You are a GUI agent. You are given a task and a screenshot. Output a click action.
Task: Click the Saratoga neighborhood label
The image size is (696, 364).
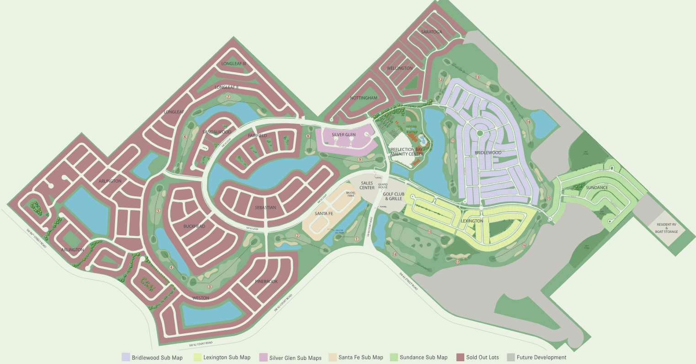pos(431,32)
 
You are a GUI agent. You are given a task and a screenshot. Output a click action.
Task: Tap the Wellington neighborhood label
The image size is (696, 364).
pos(400,69)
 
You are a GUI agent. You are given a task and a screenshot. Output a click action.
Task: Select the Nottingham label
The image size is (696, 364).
pos(364,98)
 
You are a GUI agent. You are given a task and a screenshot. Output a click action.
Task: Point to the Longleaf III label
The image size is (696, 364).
pos(234,63)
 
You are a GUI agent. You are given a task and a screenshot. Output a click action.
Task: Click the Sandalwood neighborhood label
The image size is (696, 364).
pos(217,132)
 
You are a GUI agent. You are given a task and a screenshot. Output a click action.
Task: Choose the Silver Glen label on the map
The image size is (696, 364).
pos(344,135)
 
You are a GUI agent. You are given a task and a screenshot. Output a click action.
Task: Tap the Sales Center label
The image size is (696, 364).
pos(367,185)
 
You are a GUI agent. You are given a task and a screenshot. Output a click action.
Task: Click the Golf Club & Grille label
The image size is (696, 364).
pos(393,196)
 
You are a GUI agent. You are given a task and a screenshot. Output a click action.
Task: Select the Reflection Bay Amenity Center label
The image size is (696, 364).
pos(407,152)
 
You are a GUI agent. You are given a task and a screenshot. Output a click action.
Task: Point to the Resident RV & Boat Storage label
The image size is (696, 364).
pos(667,228)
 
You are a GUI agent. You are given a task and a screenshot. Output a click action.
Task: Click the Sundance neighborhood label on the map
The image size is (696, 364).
pos(597,188)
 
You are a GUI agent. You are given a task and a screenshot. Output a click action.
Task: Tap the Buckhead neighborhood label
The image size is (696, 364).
pos(194,227)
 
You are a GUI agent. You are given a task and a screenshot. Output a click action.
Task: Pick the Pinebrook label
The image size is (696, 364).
pos(266,282)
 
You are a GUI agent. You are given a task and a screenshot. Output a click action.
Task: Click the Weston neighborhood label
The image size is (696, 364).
pos(201,298)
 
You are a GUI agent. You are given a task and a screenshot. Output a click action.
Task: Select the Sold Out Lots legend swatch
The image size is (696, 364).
pos(460,357)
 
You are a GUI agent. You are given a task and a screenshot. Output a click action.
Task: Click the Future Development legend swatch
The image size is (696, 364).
pos(510,357)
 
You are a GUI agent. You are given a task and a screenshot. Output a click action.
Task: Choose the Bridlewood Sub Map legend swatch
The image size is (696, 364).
pos(126,357)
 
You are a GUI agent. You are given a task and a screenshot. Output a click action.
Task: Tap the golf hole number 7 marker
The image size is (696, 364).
pos(228,96)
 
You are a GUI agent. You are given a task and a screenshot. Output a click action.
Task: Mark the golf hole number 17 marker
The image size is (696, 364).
pos(457,262)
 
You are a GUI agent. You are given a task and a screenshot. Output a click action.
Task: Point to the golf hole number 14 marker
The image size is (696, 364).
pos(528,121)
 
